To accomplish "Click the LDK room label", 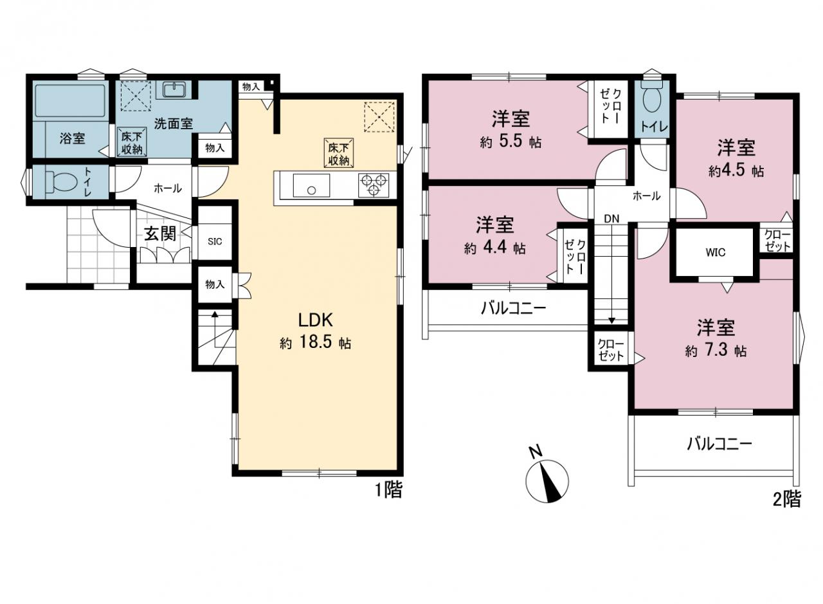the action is point(316,320).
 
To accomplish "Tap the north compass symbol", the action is point(547,480).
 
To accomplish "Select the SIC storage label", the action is point(215,241).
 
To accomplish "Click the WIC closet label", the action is point(716,253).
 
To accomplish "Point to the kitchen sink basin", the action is point(311,185).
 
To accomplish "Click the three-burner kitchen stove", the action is point(374,185).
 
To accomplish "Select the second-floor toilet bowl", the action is point(652,96).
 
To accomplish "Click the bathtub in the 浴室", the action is point(70,101).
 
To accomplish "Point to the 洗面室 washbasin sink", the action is point(174,89).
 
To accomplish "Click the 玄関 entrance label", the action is point(160,233).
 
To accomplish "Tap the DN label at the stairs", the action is point(611,219).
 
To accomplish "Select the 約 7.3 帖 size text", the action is point(716,351).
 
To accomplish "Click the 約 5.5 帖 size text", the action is point(511,142).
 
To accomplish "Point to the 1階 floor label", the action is point(388,490).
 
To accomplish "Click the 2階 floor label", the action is point(787,499).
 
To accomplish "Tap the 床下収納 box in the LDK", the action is point(339,153).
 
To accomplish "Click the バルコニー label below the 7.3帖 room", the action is point(719,444).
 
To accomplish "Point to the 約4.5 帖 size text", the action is point(736,171).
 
